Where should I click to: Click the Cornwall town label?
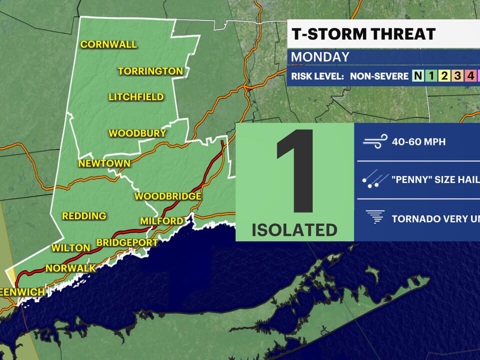point(108,44)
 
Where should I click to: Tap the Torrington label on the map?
point(150,71)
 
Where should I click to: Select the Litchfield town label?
point(136,97)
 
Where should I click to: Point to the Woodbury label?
point(137,133)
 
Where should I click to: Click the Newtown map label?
point(104,163)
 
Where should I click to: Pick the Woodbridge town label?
point(168,196)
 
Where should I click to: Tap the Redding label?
point(84,216)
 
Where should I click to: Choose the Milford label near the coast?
point(161,221)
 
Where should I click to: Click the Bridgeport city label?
point(127,243)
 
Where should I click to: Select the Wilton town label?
point(70,248)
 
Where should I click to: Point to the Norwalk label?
point(70,268)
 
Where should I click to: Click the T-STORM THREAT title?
point(363,34)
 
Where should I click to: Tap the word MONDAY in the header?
point(320,57)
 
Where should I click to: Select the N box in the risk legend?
point(417,76)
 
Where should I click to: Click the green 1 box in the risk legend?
point(430,76)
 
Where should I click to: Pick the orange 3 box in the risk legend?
point(456,76)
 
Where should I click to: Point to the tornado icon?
point(375,218)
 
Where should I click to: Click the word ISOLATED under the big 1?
point(294,230)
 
